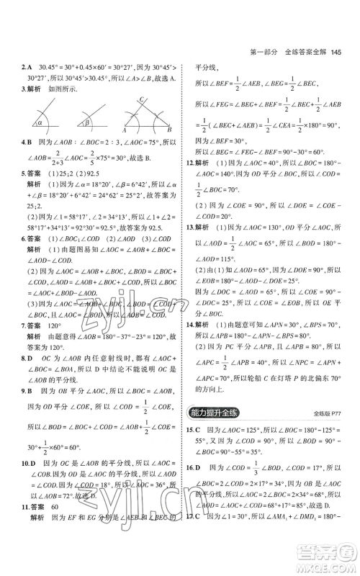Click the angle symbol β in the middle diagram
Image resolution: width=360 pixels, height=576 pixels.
[x=84, y=122]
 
